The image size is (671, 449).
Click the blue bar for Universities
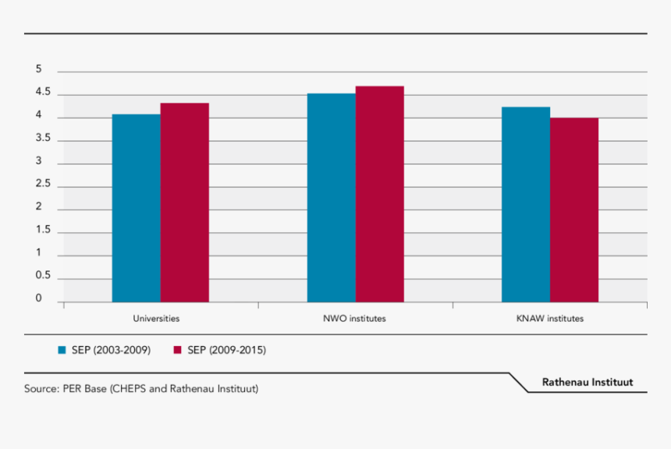tap(136, 208)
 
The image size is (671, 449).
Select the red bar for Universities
tap(184, 203)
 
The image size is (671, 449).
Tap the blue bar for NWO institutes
tap(331, 198)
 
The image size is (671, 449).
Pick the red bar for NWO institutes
tap(379, 194)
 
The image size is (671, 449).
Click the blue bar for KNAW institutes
tap(525, 204)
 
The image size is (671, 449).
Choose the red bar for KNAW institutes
tap(573, 210)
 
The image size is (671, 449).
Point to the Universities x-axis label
tap(156, 319)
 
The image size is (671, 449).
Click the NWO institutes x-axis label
tap(354, 319)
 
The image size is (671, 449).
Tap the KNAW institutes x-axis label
tap(549, 319)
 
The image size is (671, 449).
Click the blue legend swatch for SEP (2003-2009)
tap(62, 350)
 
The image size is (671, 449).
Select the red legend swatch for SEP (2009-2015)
tap(177, 350)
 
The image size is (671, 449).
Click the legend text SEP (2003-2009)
tap(112, 350)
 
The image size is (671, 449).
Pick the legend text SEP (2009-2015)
tap(226, 350)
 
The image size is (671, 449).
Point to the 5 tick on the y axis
tap(38, 69)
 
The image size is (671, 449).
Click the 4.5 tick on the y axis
tap(42, 93)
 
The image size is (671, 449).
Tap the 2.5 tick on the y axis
tap(42, 185)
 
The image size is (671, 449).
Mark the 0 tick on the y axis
tap(38, 299)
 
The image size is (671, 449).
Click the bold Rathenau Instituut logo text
tap(588, 382)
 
